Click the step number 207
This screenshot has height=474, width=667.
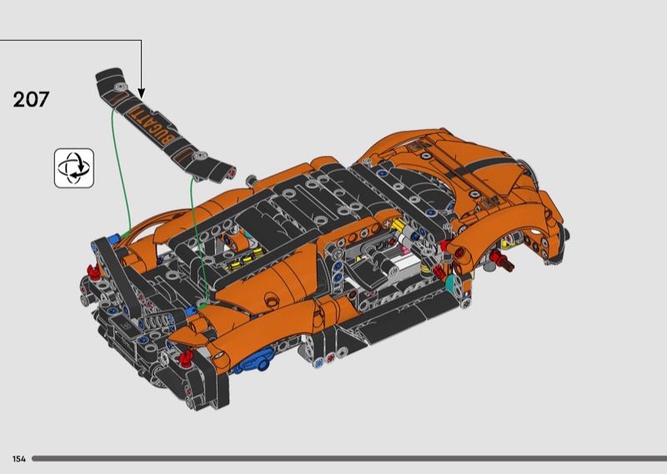[31, 99]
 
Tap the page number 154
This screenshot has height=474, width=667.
[19, 459]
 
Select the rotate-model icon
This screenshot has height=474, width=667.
[74, 169]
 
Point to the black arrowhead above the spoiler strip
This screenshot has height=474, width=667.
[141, 93]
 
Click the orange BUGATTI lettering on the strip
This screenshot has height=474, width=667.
[152, 126]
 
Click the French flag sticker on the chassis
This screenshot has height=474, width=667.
[466, 294]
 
